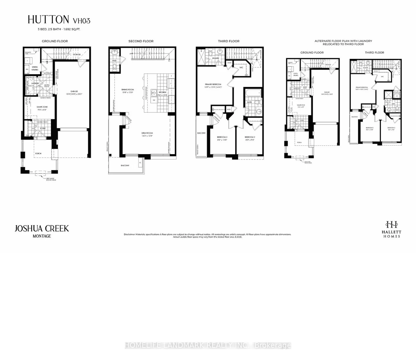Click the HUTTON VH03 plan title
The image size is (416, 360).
[x=59, y=20]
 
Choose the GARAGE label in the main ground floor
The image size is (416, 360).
[x=74, y=91]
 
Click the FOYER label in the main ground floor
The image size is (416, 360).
[x=43, y=129]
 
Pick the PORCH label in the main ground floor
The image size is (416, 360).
[x=38, y=153]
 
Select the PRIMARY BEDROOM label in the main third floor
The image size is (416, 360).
[x=213, y=85]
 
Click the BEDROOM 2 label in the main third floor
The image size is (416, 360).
[x=250, y=137]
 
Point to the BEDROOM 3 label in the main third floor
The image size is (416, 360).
[x=222, y=137]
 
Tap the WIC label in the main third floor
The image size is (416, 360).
[x=241, y=67]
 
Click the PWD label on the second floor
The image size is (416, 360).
[x=114, y=60]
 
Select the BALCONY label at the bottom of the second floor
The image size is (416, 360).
[x=125, y=165]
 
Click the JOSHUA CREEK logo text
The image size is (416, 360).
[x=42, y=228]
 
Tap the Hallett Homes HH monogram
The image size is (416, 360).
[x=391, y=224]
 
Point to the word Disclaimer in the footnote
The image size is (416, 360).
[x=129, y=234]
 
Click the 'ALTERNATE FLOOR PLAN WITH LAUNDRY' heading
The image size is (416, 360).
[x=343, y=41]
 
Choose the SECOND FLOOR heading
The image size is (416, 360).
[x=141, y=41]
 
